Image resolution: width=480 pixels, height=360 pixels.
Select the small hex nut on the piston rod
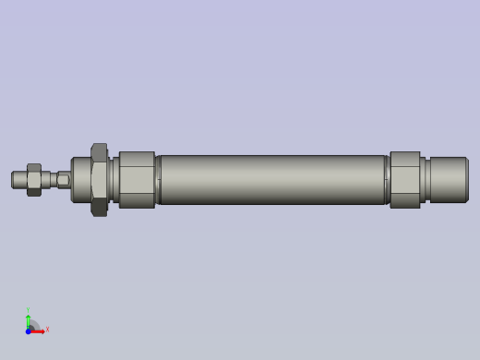pyautogui.click(x=34, y=180)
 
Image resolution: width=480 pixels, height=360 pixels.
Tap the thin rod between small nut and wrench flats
pyautogui.click(x=48, y=179)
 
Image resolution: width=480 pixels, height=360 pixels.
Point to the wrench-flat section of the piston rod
pyautogui.click(x=63, y=179)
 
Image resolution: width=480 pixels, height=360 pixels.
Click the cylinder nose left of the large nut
pyautogui.click(x=80, y=179)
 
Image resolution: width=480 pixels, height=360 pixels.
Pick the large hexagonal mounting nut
pyautogui.click(x=99, y=179)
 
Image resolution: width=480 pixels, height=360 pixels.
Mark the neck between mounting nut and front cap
pyautogui.click(x=114, y=179)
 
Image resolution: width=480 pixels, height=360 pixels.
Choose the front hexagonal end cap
pyautogui.click(x=137, y=179)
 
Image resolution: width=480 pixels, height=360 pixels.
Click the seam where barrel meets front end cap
pyautogui.click(x=158, y=179)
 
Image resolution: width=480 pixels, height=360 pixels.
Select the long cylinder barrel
pyautogui.click(x=272, y=179)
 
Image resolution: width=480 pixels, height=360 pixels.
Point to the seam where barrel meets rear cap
pyautogui.click(x=387, y=179)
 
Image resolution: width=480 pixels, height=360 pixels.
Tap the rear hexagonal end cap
pyautogui.click(x=404, y=179)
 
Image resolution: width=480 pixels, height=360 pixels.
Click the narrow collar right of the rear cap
pyautogui.click(x=424, y=179)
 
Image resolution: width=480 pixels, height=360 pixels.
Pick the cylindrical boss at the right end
pyautogui.click(x=449, y=179)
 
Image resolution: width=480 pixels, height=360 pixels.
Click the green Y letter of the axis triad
pyautogui.click(x=28, y=311)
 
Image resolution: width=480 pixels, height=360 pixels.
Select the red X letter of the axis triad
pyautogui.click(x=47, y=329)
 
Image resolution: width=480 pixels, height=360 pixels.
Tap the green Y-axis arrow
pyautogui.click(x=28, y=320)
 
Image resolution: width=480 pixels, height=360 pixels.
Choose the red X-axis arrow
pyautogui.click(x=39, y=330)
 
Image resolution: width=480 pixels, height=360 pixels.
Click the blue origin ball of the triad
pyautogui.click(x=29, y=330)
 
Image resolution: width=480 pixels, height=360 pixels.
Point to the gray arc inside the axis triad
pyautogui.click(x=34, y=325)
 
